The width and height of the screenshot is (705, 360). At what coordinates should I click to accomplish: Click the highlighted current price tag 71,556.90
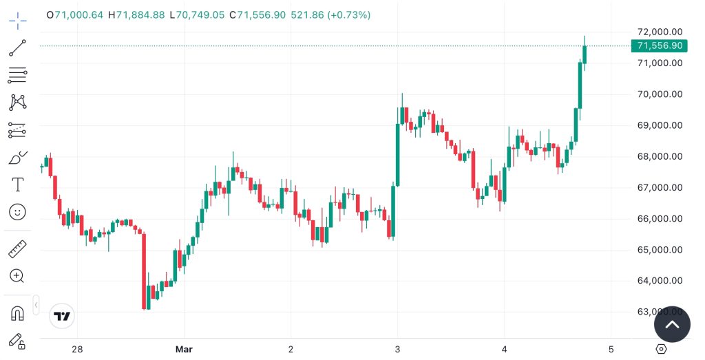(x=659, y=46)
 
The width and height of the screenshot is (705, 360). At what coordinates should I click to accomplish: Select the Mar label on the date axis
(x=184, y=349)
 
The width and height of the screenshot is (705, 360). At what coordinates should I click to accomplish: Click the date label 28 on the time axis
(x=77, y=349)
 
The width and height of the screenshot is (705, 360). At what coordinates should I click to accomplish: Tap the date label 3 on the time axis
(x=398, y=349)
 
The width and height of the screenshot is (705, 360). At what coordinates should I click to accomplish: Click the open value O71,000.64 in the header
(x=74, y=14)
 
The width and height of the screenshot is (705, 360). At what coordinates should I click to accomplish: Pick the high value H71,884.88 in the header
(x=136, y=14)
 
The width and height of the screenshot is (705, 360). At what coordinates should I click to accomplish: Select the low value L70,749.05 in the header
(x=200, y=14)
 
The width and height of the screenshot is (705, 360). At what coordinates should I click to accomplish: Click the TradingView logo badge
(x=62, y=317)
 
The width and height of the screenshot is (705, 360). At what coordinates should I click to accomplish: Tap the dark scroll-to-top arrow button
(x=672, y=324)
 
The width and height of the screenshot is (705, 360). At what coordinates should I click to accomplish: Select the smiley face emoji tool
(x=17, y=212)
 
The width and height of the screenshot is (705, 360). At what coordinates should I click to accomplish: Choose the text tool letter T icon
(x=17, y=184)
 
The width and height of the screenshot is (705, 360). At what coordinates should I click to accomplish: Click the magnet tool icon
(x=17, y=313)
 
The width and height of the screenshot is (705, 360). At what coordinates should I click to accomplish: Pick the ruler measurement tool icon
(x=17, y=248)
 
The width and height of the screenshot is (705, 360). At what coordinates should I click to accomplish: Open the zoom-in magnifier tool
(x=17, y=276)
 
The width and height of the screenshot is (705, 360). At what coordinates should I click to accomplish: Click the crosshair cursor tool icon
(x=17, y=21)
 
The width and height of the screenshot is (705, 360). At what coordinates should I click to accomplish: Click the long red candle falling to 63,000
(x=144, y=271)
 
